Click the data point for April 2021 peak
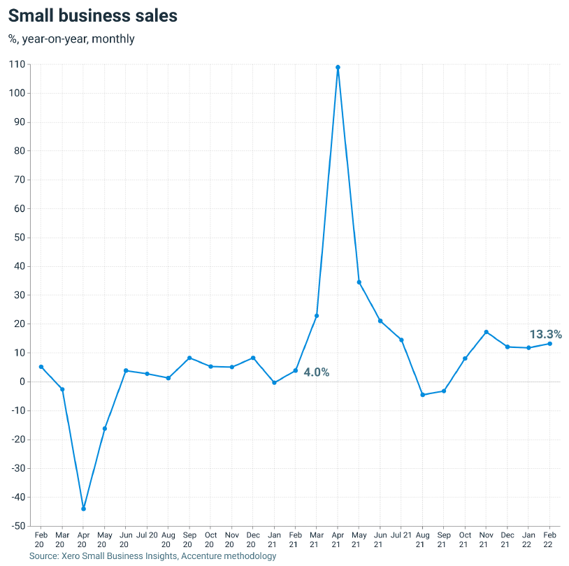338,68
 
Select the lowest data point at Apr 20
83,509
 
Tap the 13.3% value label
545,334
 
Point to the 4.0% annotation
316,372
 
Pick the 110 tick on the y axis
17,64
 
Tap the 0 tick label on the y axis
22,382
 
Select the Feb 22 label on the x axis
550,539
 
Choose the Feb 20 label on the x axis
41,539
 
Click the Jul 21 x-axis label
401,535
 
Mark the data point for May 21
359,282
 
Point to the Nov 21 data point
486,332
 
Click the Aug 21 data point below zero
422,395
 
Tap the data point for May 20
105,428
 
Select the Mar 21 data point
317,316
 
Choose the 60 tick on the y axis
20,208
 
